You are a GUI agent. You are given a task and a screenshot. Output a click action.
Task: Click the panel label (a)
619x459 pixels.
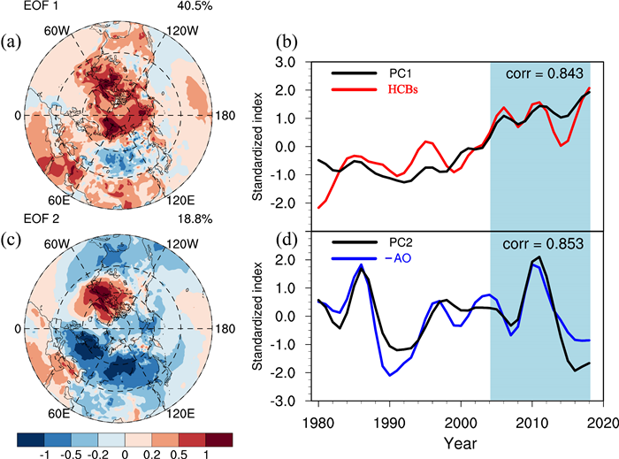pyautogui.click(x=12, y=40)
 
